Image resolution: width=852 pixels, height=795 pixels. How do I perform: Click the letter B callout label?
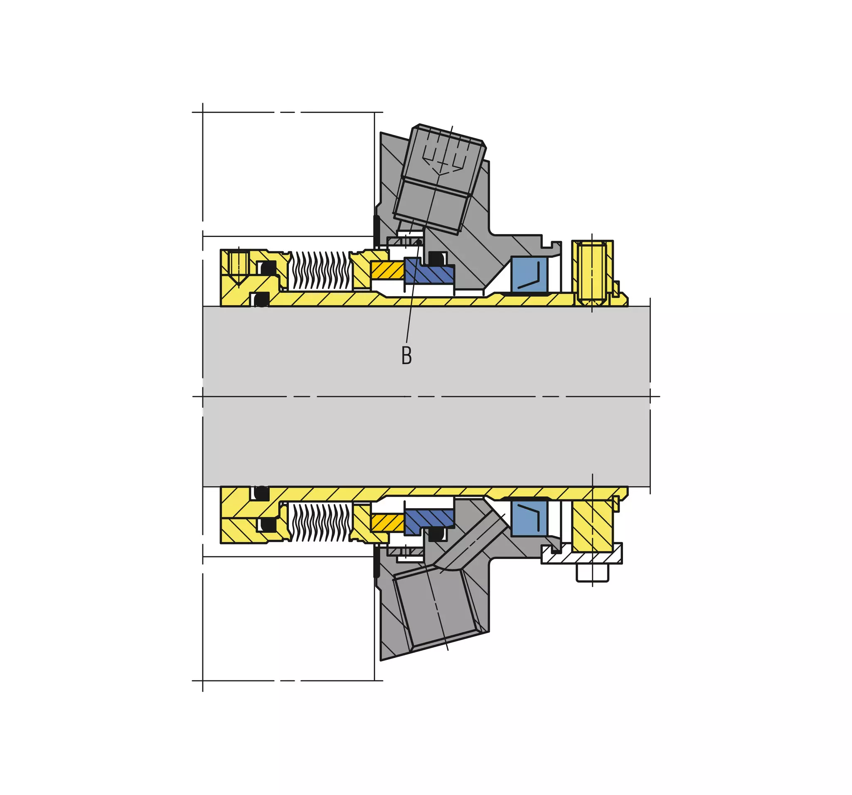[x=407, y=355]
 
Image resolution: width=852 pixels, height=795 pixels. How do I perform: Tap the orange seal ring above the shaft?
[x=387, y=270]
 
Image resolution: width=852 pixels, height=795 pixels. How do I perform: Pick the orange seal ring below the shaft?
[x=387, y=523]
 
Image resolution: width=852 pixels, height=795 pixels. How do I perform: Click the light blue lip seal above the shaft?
[x=529, y=275]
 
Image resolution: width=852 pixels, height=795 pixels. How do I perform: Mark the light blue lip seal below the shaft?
[x=529, y=518]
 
